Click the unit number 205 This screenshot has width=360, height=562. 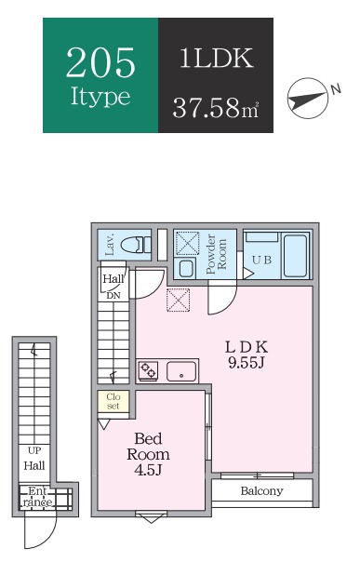coord(100,62)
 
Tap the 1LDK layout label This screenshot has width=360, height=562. coord(216,58)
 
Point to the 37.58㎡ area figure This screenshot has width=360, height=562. coord(216,107)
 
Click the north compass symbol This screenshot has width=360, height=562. coord(308,99)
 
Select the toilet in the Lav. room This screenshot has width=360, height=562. coord(136,246)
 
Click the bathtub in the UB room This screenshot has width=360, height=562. coord(295,255)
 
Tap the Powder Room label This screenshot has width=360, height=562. coord(217,254)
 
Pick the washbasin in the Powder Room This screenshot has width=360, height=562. coord(186,268)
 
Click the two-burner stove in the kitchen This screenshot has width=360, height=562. coord(148,370)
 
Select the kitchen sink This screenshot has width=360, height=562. coord(181,371)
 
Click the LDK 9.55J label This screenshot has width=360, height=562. coord(247,355)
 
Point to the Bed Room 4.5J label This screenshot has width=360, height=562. coord(148,453)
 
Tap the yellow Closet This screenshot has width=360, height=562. coord(113,401)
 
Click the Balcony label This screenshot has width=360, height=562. coord(261,490)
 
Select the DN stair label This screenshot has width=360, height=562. coord(113,296)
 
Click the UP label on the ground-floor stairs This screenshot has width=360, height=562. coord(34,450)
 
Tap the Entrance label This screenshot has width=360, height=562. coord(37,497)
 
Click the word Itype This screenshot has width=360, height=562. coord(100,97)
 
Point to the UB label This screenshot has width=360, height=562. coord(261,260)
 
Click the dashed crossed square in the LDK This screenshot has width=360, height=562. coord(178,300)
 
